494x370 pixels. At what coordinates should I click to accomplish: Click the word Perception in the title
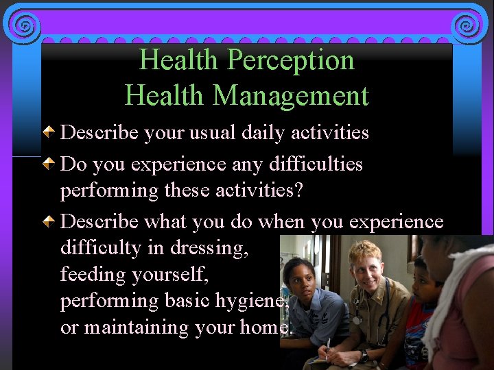291,61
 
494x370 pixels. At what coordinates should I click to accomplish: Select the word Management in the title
291,96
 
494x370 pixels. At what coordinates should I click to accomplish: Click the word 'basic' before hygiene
186,301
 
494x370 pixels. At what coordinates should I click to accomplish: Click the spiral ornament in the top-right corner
468,25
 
